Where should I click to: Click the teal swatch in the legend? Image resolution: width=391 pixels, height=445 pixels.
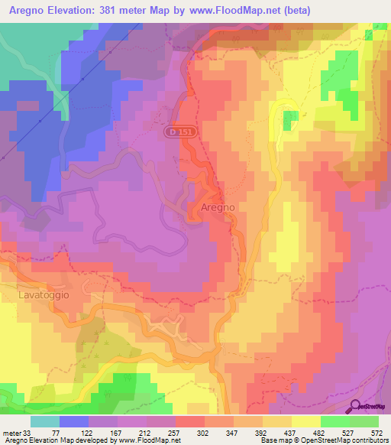[45, 421]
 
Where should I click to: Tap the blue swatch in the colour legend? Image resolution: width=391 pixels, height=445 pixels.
[74, 421]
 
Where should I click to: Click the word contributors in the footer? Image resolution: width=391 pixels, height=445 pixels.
[364, 440]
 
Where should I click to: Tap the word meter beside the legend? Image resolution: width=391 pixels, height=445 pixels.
[12, 431]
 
